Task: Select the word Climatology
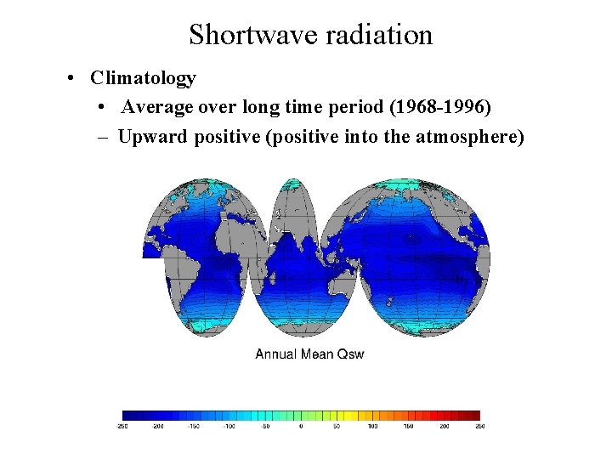point(144,78)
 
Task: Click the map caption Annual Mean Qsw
point(309,354)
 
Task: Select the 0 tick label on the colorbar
point(301,426)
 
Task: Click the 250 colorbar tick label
point(479,426)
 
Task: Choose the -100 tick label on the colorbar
point(229,426)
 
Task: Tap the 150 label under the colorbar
point(408,426)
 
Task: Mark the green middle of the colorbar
point(302,416)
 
